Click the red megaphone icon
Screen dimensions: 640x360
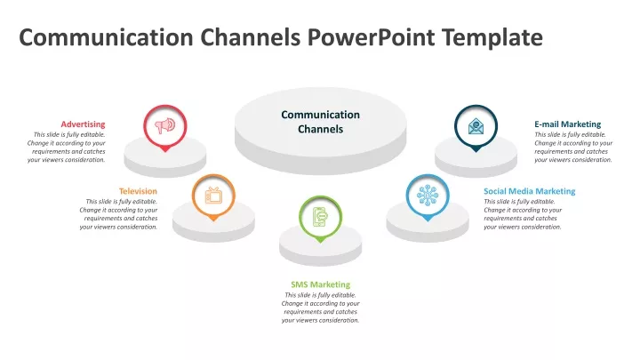click(x=165, y=125)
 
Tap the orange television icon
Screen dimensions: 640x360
click(x=213, y=195)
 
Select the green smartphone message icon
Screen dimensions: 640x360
click(x=320, y=217)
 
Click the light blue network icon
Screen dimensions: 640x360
click(x=428, y=195)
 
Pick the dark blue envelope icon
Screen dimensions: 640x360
click(x=476, y=126)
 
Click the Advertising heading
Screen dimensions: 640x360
click(x=83, y=124)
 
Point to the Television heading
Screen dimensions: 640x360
click(x=138, y=191)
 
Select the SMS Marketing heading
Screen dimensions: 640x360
click(x=320, y=284)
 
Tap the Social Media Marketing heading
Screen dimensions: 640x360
click(x=530, y=191)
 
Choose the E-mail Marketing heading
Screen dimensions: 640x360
click(x=568, y=124)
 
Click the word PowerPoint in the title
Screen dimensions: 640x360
click(x=371, y=37)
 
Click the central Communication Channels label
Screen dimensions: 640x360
click(x=320, y=122)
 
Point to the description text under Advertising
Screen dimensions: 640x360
click(x=67, y=147)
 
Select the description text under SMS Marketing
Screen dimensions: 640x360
click(x=320, y=308)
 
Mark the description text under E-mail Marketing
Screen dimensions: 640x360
click(x=573, y=147)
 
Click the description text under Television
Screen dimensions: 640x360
click(x=118, y=214)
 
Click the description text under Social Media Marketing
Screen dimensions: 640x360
click(x=523, y=214)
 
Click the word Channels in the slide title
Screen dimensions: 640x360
click(x=250, y=37)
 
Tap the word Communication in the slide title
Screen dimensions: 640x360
click(x=106, y=37)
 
